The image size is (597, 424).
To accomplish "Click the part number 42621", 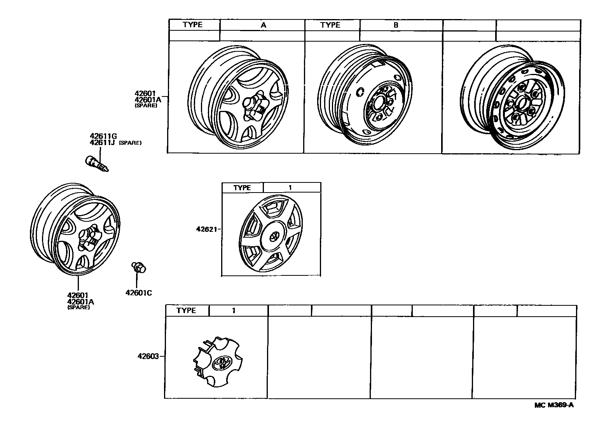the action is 206,229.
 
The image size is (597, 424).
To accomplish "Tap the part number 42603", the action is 148,356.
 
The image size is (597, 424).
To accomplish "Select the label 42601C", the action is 139,293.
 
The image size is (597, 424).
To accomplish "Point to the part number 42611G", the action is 103,136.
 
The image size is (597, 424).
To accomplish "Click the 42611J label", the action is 102,142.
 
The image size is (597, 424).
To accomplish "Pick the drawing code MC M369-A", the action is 554,405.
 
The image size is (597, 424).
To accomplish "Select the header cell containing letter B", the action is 396,25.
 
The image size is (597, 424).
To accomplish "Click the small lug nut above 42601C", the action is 139,268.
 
